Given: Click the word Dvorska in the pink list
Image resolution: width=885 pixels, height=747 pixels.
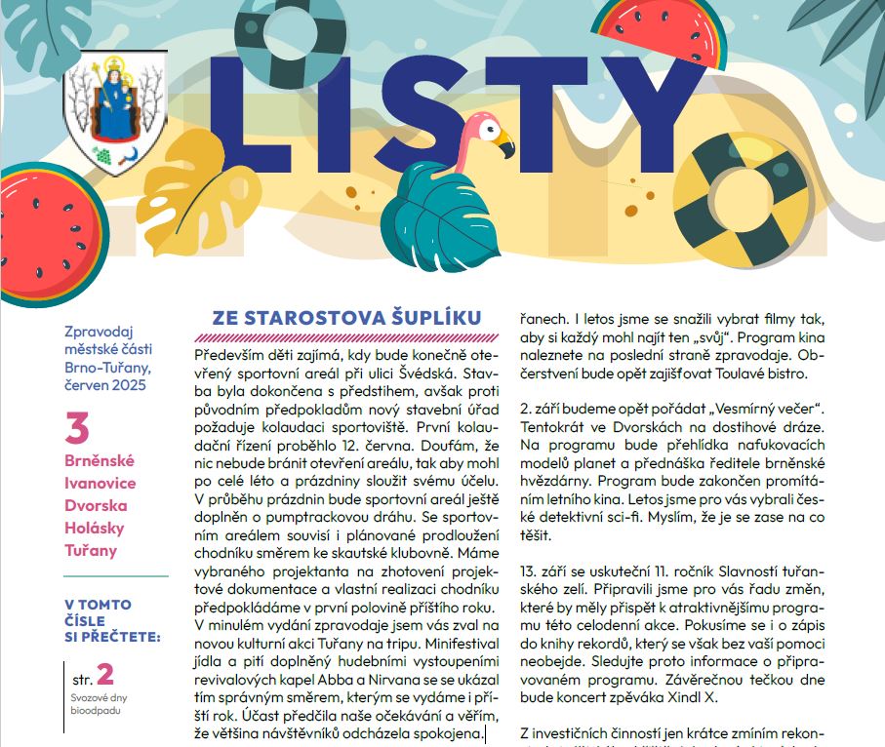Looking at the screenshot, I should pos(96,505).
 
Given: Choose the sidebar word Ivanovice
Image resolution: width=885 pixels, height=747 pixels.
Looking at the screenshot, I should pos(101,483).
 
